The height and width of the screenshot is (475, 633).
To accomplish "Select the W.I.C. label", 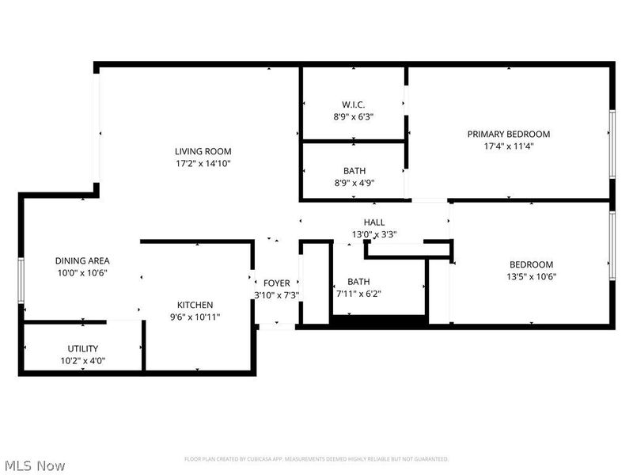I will pos(354,104).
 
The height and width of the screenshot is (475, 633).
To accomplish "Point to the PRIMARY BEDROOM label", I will pos(508,134).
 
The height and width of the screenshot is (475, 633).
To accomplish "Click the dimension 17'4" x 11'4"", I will pos(508,146).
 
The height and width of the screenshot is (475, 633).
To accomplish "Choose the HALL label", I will pos(374,222).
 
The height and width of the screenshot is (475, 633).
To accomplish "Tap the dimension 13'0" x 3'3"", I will pos(374,234).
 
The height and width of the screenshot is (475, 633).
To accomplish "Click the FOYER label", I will pos(276,283).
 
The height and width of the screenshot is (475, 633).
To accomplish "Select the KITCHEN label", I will pos(195,305).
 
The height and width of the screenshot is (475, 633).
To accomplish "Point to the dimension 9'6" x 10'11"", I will pos(195,317).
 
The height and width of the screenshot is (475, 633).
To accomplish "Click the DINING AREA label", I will pos(82,260).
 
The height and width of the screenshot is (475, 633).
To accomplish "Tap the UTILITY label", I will pos(82,348).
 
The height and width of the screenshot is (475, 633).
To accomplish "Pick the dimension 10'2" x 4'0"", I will pos(82,360).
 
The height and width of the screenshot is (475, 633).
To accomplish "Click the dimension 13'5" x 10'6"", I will pos(531,277).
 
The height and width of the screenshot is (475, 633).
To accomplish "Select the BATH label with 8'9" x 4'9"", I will pos(354,170).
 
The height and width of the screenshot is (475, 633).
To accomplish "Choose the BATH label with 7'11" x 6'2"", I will pos(358,282).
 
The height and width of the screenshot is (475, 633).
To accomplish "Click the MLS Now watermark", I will pos(34,465).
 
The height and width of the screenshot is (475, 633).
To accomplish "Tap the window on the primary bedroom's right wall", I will pos(612,143).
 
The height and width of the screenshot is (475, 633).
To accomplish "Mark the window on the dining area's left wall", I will pos(21,281).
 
